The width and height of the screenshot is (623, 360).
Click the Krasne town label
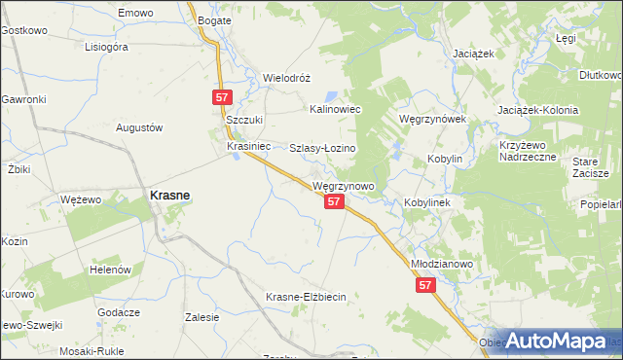168,195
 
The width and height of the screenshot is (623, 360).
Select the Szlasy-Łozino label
323,148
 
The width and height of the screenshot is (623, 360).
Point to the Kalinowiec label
335,110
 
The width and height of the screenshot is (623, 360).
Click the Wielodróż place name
286,78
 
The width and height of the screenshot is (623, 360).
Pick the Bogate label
213,19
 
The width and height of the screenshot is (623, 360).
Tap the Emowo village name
135,13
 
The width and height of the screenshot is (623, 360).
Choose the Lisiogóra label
107,46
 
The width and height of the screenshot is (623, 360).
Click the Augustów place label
138,127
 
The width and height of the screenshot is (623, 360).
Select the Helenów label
110,269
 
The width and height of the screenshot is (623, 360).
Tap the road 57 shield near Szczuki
222,97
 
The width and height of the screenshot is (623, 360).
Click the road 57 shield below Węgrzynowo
334,201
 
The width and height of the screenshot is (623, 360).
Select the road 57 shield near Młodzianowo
425,285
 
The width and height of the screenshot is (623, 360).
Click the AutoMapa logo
557,341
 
